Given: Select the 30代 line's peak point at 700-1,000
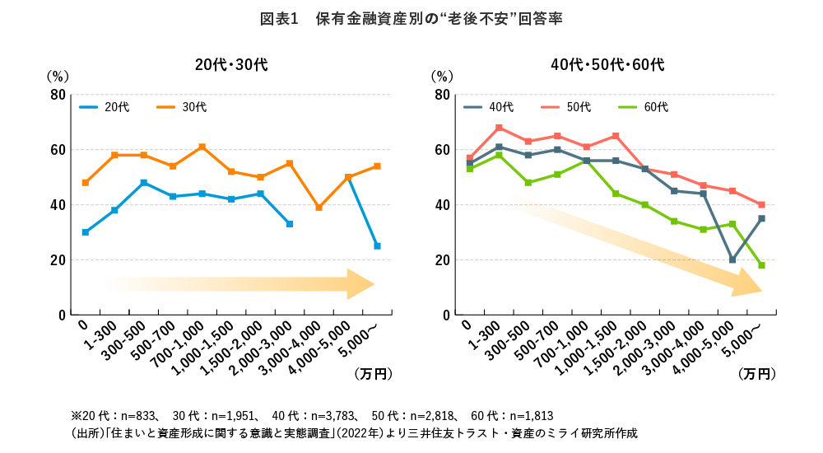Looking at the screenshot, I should click(x=202, y=147).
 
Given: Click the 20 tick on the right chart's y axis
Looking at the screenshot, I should click(x=441, y=260).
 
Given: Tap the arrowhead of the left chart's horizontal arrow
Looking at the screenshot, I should click(x=362, y=284).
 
